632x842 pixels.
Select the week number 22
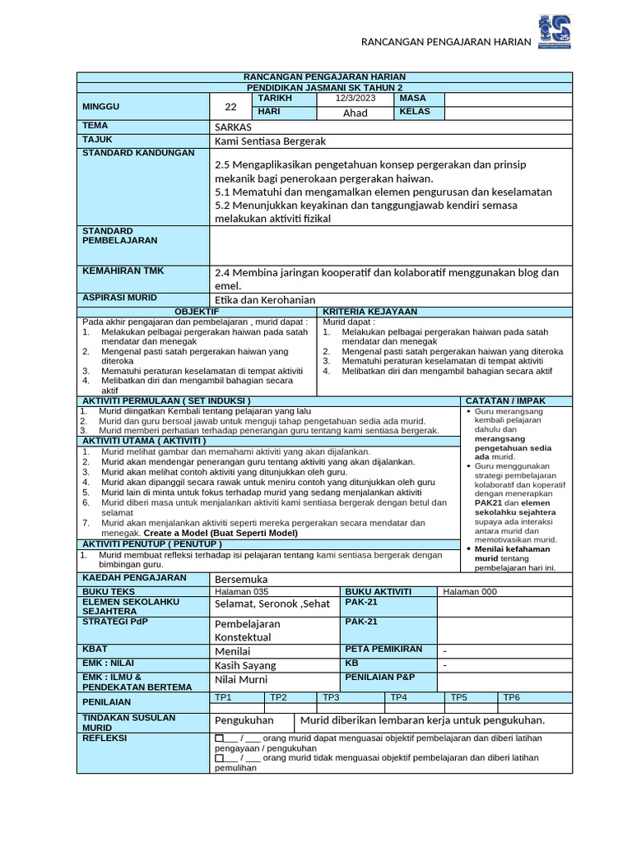[230, 106]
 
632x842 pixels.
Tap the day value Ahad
[355, 113]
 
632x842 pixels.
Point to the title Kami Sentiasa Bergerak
[270, 141]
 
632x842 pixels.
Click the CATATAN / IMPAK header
[505, 400]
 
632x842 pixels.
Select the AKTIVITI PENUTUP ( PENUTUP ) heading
[151, 544]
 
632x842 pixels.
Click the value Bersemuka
[241, 579]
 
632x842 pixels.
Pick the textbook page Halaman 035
[242, 591]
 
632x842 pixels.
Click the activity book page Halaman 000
[470, 591]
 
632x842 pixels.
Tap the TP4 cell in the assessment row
[399, 697]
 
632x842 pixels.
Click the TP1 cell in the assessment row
[223, 697]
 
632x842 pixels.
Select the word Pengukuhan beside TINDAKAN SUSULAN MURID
[244, 720]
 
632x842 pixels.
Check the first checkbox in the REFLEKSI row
[219, 738]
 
